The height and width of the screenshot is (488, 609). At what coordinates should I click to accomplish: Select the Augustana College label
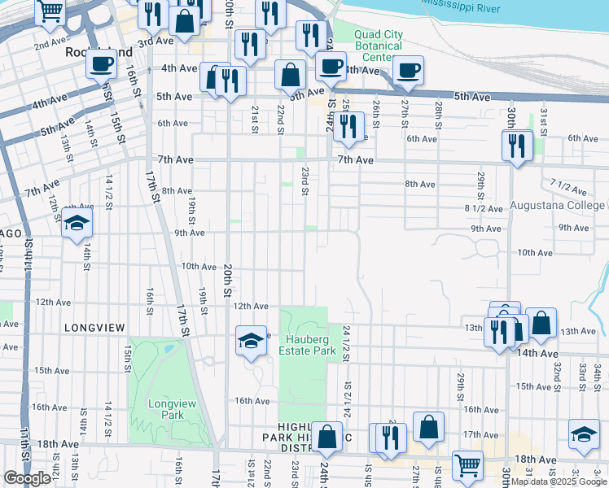coord(558,205)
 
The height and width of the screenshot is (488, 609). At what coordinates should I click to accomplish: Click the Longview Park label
coord(166,408)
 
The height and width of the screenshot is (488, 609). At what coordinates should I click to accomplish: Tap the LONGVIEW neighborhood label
coord(95,328)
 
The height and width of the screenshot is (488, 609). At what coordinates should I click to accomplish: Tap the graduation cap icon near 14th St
coord(76,224)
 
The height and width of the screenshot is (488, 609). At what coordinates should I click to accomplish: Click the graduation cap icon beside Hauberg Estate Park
coord(251,340)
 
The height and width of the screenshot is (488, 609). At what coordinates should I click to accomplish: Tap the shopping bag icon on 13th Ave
coord(541,323)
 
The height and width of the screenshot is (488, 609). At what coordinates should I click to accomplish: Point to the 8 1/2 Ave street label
coord(481,208)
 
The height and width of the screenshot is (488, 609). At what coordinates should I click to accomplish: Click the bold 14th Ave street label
coord(537,354)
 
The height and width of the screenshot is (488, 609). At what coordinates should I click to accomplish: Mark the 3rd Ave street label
coord(156,42)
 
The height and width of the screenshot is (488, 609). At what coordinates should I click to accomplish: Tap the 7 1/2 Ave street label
coord(568,185)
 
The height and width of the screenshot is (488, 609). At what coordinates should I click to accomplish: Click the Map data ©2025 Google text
coord(559,481)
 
